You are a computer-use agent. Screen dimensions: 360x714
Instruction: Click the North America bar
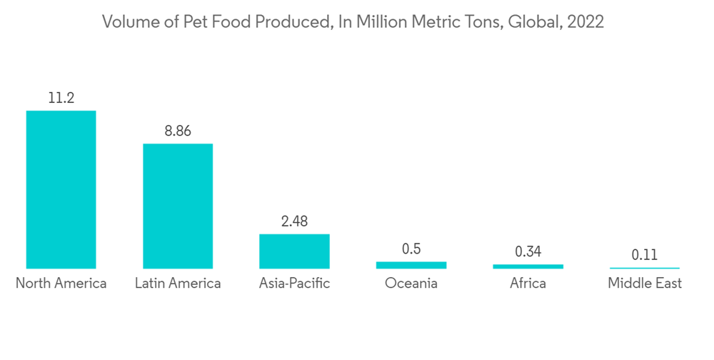(61, 189)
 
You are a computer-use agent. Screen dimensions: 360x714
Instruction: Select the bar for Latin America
(178, 206)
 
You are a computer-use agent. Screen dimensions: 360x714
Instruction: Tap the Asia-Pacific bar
(294, 251)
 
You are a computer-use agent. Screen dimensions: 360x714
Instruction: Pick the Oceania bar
(411, 265)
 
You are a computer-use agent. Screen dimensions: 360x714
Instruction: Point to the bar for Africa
(528, 266)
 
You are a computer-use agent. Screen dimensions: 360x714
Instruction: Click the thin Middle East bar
(645, 268)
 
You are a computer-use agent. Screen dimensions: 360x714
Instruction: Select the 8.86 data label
(177, 131)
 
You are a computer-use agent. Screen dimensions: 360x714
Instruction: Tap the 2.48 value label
(294, 221)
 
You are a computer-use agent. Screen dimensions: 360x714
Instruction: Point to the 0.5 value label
(411, 249)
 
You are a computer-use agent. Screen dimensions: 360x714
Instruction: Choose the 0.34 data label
(528, 252)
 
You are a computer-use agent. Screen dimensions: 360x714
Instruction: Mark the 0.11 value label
(645, 255)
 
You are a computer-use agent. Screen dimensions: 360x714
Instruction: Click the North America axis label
(61, 284)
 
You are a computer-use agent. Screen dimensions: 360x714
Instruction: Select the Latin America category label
(178, 284)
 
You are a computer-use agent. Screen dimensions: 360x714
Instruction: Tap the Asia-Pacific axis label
(294, 284)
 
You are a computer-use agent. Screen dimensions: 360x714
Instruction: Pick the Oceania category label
(411, 284)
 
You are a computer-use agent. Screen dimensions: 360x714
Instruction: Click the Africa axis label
(528, 284)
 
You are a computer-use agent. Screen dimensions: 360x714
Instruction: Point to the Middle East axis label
(645, 284)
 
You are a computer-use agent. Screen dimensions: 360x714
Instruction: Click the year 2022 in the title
(586, 22)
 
